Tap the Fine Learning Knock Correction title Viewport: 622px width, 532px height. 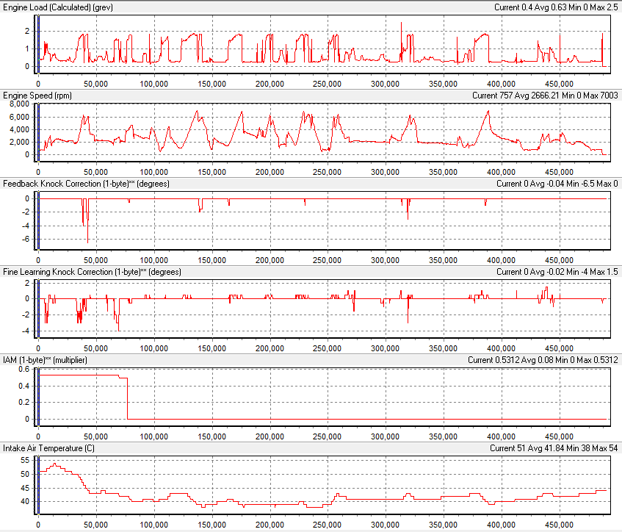tap(93, 272)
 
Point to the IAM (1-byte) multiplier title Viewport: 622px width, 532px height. tap(50, 360)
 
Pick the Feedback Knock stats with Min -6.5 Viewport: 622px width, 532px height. tap(557, 184)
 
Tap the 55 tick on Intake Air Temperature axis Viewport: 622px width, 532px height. tap(23, 460)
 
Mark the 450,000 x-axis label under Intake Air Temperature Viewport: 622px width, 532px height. tap(560, 525)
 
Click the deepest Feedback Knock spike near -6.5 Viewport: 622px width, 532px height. tap(88, 242)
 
